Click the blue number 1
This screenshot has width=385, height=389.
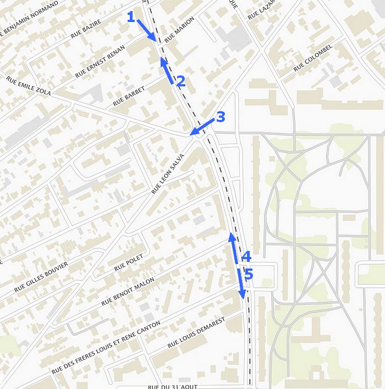[131, 17]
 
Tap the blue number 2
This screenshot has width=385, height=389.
[180, 82]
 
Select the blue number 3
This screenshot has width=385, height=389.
[220, 117]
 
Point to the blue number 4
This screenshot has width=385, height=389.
[246, 256]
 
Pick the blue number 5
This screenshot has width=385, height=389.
[248, 274]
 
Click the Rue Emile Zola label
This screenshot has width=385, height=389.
[29, 86]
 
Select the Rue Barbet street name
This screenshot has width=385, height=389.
[129, 96]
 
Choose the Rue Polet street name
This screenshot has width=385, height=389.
[129, 263]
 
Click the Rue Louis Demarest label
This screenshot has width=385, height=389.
[196, 333]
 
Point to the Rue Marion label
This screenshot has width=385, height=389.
[180, 30]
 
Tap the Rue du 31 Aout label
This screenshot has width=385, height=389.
[172, 386]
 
